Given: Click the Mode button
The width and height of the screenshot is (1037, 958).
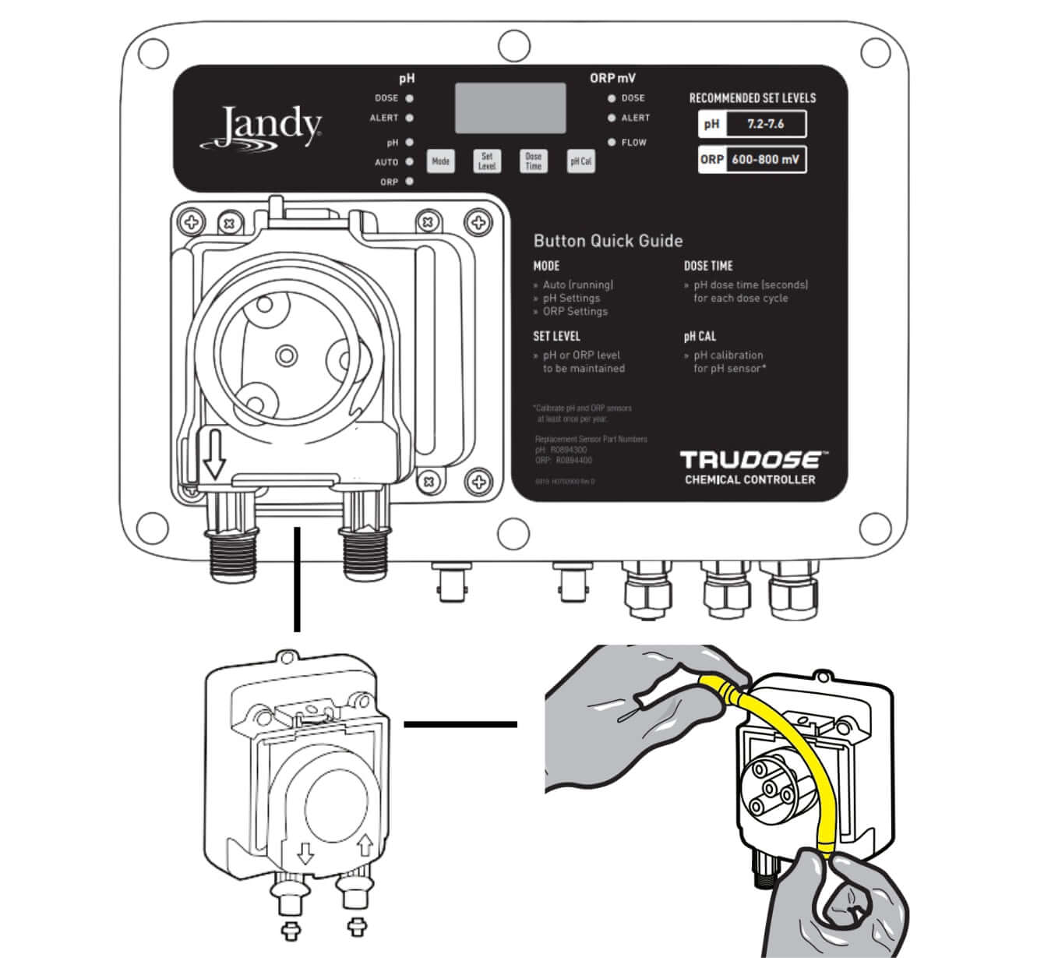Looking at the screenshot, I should pyautogui.click(x=440, y=161).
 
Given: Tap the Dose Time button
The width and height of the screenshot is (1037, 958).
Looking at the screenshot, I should pyautogui.click(x=533, y=161).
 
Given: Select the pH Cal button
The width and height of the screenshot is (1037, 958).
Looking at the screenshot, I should pyautogui.click(x=580, y=161).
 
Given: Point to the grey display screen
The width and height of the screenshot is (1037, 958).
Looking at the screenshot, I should pyautogui.click(x=510, y=108).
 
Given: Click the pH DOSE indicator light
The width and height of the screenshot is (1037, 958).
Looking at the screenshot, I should pyautogui.click(x=409, y=98).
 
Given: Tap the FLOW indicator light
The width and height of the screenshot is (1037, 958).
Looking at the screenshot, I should pyautogui.click(x=612, y=143).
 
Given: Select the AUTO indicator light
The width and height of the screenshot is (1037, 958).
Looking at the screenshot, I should pyautogui.click(x=409, y=162).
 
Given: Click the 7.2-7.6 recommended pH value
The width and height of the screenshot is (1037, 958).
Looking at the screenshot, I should pyautogui.click(x=765, y=124).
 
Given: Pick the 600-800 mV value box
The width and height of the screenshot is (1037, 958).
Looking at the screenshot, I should pyautogui.click(x=765, y=160).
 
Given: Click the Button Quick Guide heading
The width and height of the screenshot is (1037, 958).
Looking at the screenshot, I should pyautogui.click(x=608, y=241).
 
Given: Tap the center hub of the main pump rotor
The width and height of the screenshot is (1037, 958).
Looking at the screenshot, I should pyautogui.click(x=287, y=356).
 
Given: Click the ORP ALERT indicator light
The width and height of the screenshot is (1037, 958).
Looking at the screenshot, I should pyautogui.click(x=612, y=118).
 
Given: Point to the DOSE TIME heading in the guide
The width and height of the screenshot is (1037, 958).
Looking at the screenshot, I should pyautogui.click(x=708, y=266).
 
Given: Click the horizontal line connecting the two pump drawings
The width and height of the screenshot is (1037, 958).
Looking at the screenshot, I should pyautogui.click(x=460, y=724).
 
